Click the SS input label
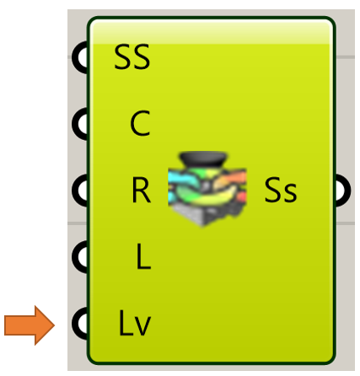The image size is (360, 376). [132, 57]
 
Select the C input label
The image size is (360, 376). [140, 123]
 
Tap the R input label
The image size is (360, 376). [141, 191]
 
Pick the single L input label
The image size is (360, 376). [143, 256]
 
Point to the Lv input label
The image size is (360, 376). [135, 323]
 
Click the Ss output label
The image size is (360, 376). [281, 190]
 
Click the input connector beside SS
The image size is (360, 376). [80, 57]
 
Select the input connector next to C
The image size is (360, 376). [80, 124]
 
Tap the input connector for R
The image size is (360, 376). [80, 191]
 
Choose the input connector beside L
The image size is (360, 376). [80, 257]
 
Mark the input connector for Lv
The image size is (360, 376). [80, 323]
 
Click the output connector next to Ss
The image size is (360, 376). [343, 191]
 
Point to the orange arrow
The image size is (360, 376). [30, 325]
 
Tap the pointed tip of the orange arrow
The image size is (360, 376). [55, 325]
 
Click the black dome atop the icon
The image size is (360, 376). [203, 158]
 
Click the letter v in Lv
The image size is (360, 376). [143, 326]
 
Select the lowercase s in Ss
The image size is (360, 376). [289, 193]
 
